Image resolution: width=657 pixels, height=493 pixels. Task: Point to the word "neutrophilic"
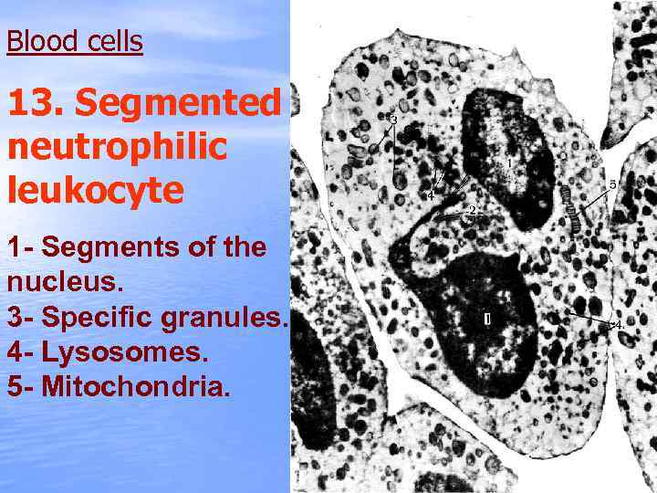pyautogui.click(x=117, y=146)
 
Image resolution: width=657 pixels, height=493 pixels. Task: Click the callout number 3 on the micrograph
pyautogui.click(x=393, y=120)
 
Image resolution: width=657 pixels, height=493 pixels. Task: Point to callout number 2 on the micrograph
pyautogui.click(x=471, y=211)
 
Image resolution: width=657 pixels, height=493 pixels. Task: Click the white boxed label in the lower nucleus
pyautogui.click(x=487, y=320)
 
